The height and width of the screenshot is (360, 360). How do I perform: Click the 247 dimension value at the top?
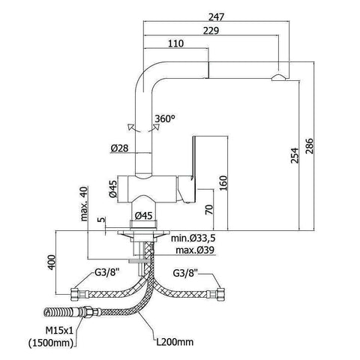(217, 17)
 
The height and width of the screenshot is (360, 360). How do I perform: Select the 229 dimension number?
(211, 31)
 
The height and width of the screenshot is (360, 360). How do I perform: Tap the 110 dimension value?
(175, 43)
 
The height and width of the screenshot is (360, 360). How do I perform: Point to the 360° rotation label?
(165, 118)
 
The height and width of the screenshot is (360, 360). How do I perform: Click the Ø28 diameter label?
(119, 148)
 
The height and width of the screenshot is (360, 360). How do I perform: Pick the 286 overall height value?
(309, 146)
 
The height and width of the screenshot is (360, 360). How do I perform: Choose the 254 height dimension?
(295, 155)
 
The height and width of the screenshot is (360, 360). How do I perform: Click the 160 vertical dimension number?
(223, 183)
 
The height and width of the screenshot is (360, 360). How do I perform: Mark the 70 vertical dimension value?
(209, 209)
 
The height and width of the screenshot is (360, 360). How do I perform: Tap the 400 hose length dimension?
(52, 262)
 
